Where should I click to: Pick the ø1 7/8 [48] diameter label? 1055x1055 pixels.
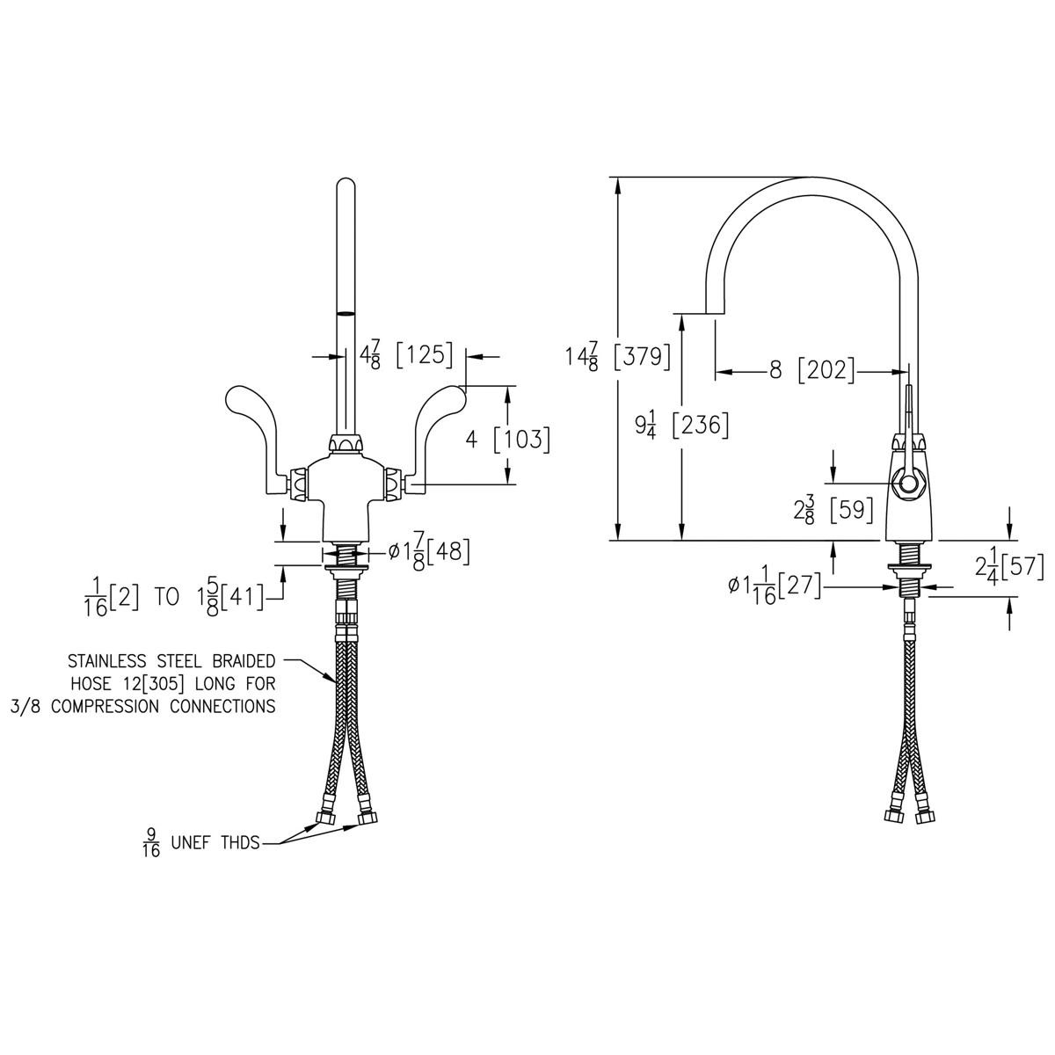pyautogui.click(x=429, y=552)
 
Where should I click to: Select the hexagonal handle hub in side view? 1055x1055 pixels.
pyautogui.click(x=906, y=483)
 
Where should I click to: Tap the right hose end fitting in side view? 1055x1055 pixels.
pyautogui.click(x=922, y=816)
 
